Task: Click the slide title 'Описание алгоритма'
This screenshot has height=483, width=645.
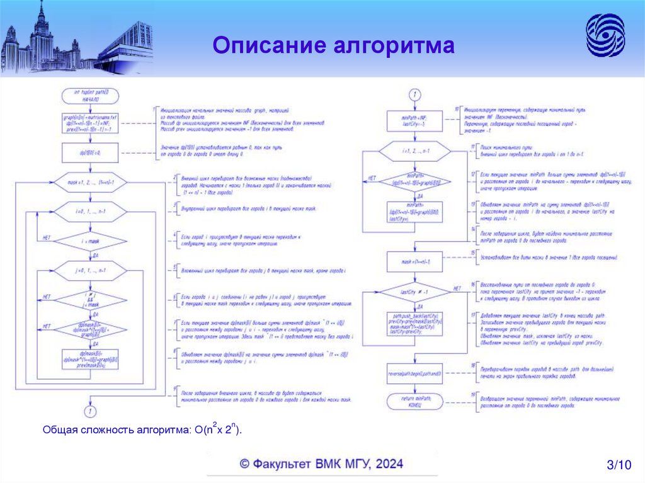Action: [333, 45]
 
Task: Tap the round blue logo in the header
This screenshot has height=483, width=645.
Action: [605, 36]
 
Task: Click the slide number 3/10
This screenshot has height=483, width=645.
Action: [618, 465]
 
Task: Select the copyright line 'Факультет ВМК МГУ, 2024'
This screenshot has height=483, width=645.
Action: [321, 464]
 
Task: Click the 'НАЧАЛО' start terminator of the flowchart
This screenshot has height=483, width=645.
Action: [90, 96]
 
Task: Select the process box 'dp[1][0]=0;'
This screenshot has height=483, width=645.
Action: [90, 152]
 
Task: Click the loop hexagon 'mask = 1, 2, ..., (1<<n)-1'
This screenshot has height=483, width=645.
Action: [90, 183]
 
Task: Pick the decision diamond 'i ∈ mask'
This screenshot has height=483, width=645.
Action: [90, 241]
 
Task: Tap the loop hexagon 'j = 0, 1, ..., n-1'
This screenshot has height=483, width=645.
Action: [90, 271]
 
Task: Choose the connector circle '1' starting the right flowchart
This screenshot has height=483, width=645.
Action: [413, 95]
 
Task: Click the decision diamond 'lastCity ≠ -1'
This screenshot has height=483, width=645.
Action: [413, 292]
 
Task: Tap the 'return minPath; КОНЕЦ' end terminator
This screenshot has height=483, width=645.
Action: [413, 402]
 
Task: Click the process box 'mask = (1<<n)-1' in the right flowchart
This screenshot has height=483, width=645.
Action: [413, 261]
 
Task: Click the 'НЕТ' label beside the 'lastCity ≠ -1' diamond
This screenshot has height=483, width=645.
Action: [457, 288]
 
